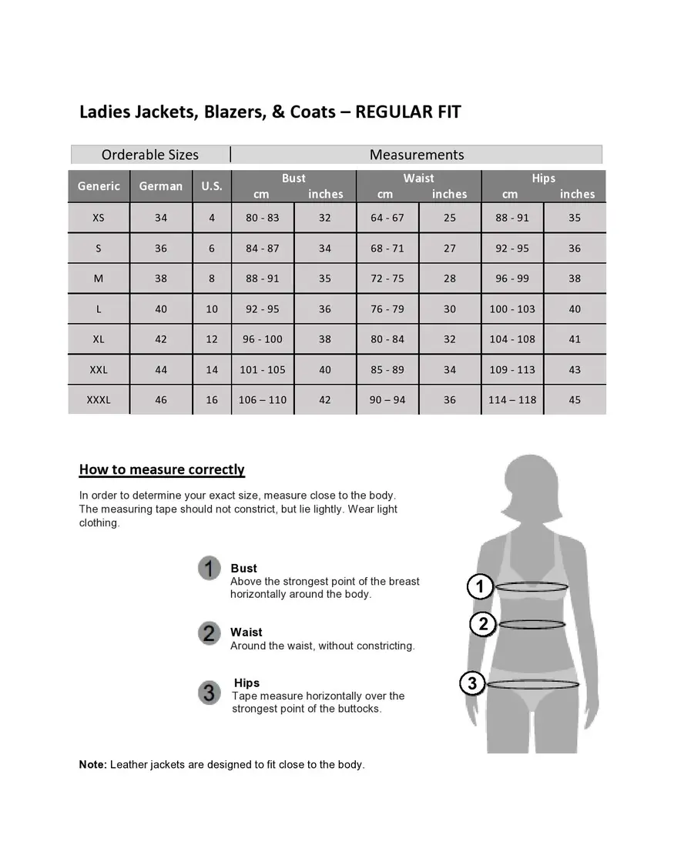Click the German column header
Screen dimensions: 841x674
click(161, 186)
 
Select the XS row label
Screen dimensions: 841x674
click(99, 218)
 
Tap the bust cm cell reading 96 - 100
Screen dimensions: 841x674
click(263, 339)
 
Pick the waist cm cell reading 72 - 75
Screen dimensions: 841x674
click(387, 279)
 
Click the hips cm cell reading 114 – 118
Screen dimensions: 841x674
click(512, 400)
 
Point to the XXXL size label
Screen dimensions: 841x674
click(99, 400)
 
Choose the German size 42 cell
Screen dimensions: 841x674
click(161, 339)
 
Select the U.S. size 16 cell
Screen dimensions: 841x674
click(212, 400)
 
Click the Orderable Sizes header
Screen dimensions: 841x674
click(150, 155)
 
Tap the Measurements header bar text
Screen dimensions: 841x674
click(417, 155)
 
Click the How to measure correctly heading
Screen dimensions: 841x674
click(162, 470)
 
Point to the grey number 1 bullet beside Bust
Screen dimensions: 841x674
click(210, 569)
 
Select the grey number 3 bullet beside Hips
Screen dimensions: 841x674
click(209, 692)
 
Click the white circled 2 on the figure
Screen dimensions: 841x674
click(483, 624)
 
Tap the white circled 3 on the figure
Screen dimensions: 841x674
click(472, 683)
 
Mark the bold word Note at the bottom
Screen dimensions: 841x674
click(92, 765)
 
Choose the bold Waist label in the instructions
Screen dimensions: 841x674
click(246, 632)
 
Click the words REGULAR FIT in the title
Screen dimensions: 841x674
click(408, 112)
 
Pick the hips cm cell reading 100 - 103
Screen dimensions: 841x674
click(512, 309)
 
